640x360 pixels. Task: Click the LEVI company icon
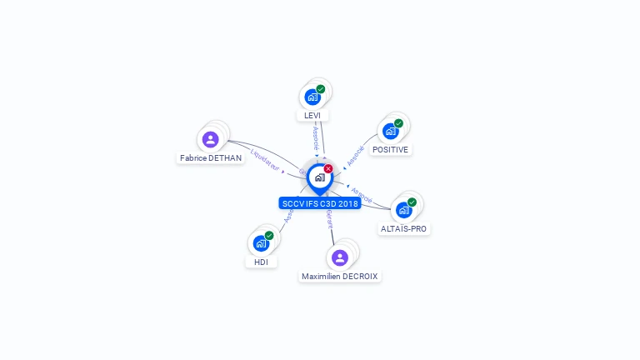312,97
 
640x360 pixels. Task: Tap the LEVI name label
312,115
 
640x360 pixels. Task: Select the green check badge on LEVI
321,89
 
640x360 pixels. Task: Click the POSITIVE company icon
390,131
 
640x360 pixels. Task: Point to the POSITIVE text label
390,149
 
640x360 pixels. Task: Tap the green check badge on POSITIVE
398,123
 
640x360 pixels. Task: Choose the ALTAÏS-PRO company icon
404,209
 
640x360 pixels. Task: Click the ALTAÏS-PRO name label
405,228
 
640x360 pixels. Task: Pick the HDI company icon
261,243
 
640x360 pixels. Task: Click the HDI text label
261,262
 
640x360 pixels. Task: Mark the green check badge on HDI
269,236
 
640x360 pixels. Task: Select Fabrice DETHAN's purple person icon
210,139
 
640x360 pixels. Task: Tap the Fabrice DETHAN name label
210,157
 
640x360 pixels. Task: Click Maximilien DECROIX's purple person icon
339,257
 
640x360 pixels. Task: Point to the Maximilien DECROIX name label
341,276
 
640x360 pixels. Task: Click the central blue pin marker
319,177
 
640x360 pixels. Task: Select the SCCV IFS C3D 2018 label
320,203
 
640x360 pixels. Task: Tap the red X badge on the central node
328,169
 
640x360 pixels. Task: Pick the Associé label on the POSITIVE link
356,155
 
